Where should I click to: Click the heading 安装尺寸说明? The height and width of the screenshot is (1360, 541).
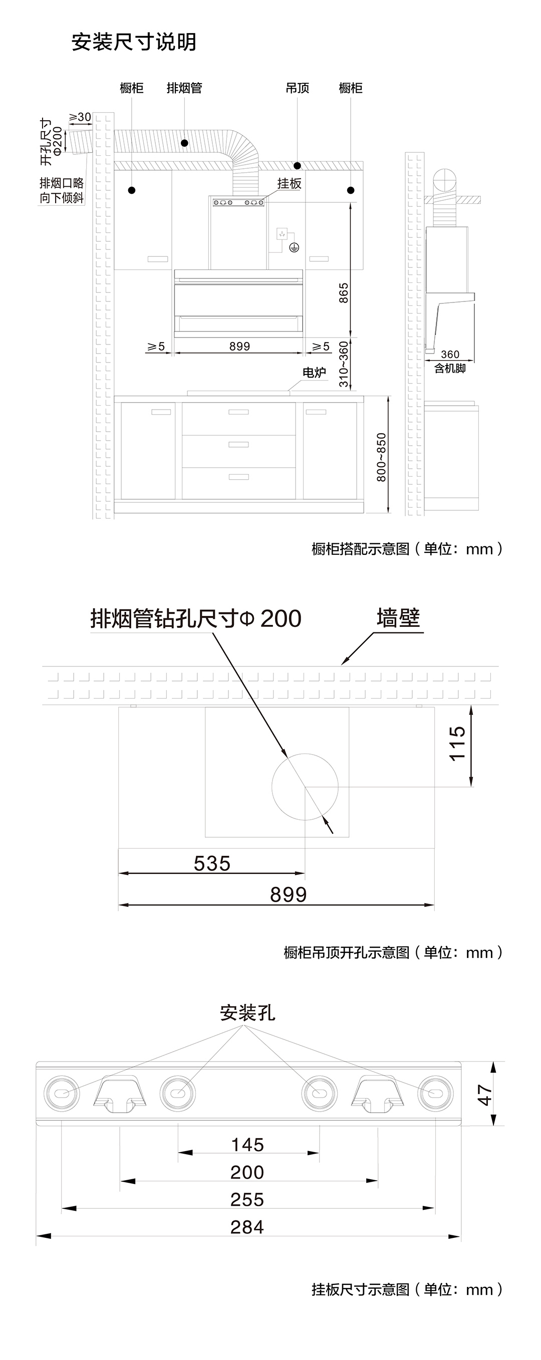134,42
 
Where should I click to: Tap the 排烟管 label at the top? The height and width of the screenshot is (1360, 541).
184,88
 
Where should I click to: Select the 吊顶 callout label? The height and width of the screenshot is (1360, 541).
297,88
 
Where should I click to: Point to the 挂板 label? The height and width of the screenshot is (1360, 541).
290,183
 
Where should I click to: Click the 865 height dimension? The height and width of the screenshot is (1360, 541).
344,293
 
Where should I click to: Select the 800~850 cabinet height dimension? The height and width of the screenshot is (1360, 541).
381,457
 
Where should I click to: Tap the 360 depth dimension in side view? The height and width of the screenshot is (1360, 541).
450,354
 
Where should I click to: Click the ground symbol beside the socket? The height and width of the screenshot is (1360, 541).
294,246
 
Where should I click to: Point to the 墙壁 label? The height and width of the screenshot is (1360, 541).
398,618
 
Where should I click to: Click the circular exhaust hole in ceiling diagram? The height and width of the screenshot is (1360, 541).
305,787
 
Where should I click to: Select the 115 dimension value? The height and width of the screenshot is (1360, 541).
457,744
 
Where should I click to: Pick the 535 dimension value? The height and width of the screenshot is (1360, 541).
212,864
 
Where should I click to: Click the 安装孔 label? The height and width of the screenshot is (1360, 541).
247,1013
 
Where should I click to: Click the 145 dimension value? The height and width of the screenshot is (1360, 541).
247,1145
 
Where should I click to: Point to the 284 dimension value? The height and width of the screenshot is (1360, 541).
247,1227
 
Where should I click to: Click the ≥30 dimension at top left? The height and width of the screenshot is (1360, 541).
80,117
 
